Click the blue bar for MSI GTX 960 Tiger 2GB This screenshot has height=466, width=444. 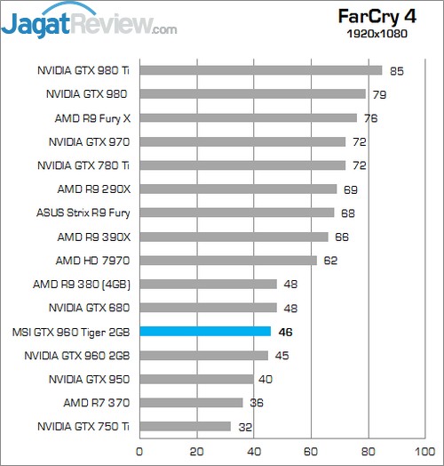(x=205, y=332)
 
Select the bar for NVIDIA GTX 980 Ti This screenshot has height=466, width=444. (x=260, y=69)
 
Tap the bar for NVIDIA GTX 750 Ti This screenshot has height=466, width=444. (x=185, y=427)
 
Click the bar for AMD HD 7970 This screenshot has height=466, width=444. (x=228, y=261)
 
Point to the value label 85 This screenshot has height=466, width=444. (x=396, y=69)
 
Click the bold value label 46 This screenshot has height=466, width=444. (x=286, y=332)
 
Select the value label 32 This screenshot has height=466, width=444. (x=246, y=427)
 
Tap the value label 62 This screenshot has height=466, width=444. (x=331, y=261)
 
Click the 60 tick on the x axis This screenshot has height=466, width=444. (x=310, y=451)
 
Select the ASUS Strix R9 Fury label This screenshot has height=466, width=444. (x=81, y=213)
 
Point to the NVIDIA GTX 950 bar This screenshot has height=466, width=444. (x=196, y=379)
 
